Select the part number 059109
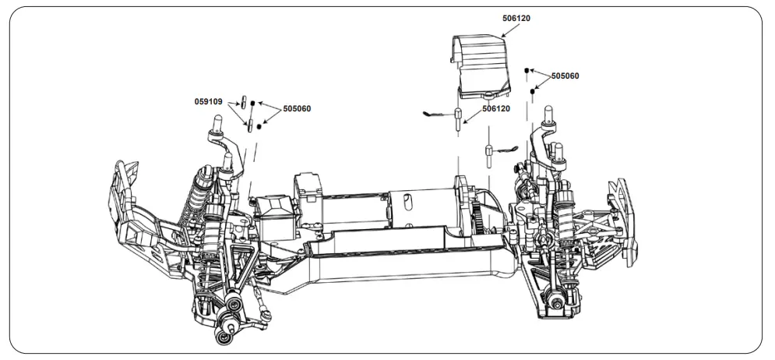click(x=209, y=101)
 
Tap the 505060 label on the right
click(x=565, y=76)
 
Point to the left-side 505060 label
click(x=297, y=109)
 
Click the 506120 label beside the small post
click(x=496, y=109)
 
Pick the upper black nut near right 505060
click(x=527, y=70)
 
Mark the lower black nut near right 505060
click(x=533, y=91)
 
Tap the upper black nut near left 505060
click(x=252, y=104)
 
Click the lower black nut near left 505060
click(x=259, y=126)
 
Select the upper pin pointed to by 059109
click(x=243, y=101)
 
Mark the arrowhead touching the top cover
click(x=503, y=36)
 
